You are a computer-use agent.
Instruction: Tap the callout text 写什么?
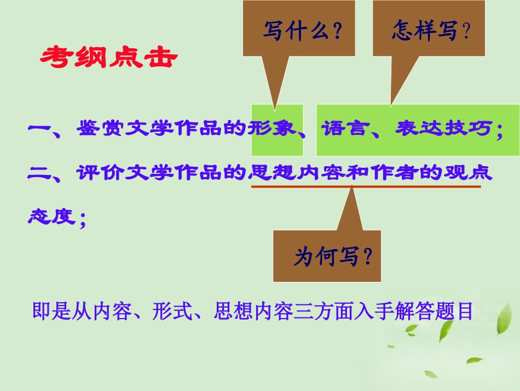[x=302, y=31]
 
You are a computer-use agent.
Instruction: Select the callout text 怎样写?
[x=431, y=31]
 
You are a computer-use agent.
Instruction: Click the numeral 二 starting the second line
[x=38, y=173]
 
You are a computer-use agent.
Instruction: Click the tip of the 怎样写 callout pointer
[x=390, y=104]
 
